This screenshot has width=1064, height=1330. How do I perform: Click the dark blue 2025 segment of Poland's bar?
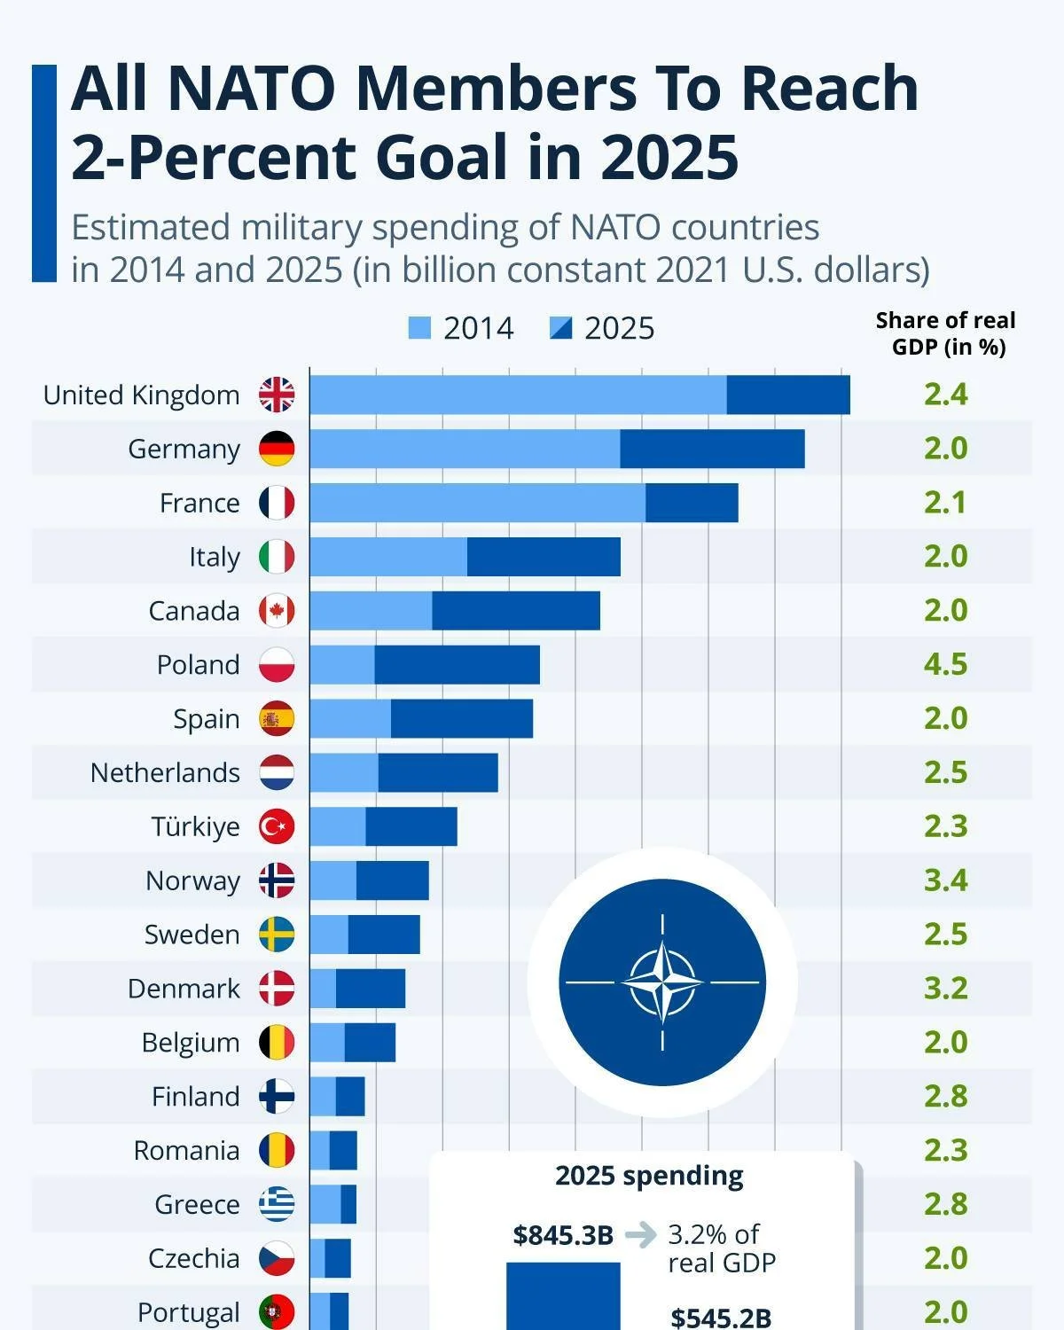pos(457,665)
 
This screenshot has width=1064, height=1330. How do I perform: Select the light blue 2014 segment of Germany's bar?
pos(464,449)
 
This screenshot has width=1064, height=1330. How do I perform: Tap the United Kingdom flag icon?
pos(277,395)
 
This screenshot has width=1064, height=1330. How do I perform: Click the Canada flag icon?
pos(277,611)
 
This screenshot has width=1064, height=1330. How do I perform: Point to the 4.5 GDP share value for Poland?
pos(945,664)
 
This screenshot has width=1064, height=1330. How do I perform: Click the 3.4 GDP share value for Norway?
pos(945,880)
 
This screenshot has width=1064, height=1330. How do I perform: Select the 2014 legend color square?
pos(419,328)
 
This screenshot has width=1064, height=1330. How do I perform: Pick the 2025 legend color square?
pos(560,328)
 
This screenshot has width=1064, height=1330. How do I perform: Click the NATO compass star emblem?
pos(662,982)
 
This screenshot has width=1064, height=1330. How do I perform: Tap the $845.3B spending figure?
pos(563,1235)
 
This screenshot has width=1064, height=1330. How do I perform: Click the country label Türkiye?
pos(195,826)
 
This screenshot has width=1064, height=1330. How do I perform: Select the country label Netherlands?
pos(165,772)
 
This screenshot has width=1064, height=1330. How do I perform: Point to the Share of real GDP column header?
pos(945,332)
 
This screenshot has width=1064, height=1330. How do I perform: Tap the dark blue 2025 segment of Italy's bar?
pos(544,557)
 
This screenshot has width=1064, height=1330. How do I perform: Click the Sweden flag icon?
pos(277,935)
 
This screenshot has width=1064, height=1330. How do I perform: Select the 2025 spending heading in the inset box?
pos(649,1176)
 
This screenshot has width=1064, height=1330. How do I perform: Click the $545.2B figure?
pos(720,1317)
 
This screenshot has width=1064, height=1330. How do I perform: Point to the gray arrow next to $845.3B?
pos(640,1234)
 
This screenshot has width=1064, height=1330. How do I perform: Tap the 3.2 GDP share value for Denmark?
pos(945,989)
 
